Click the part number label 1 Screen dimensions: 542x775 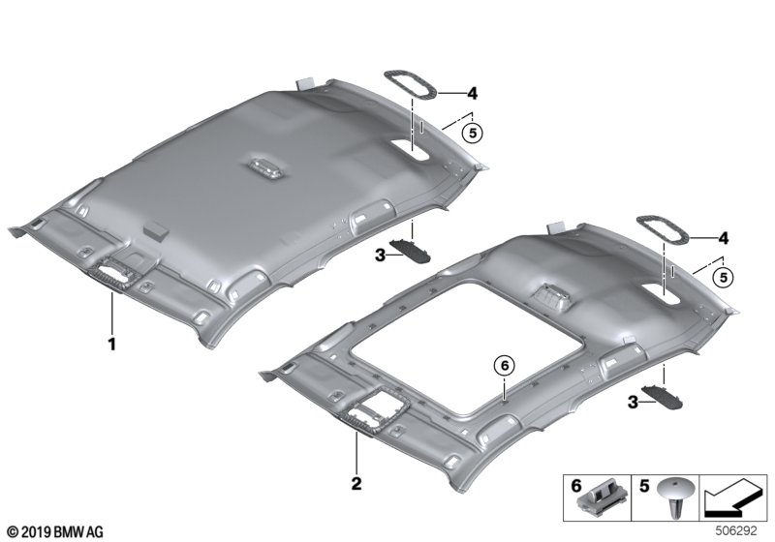[x=112, y=343]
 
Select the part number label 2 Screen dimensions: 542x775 [x=356, y=481]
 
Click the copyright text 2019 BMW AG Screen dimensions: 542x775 [x=55, y=531]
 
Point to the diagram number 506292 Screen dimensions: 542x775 [x=741, y=530]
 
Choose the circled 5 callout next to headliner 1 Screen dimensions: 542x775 [x=472, y=134]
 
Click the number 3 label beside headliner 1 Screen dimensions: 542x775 [x=380, y=255]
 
